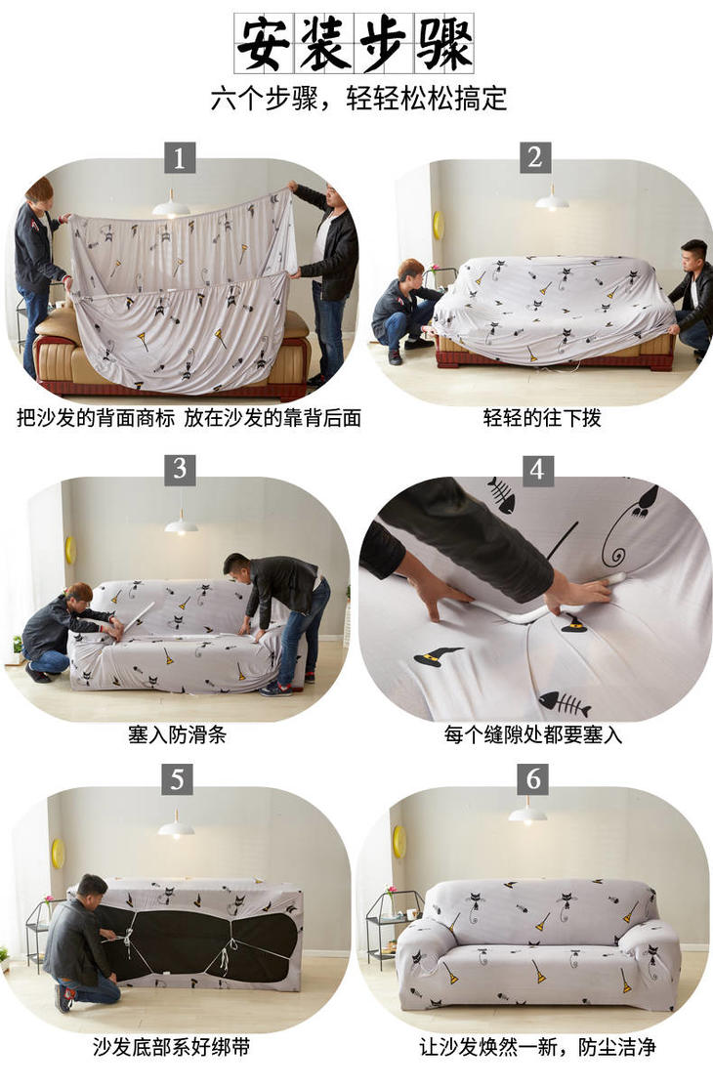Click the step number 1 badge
tap(180, 158)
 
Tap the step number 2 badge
tap(535, 157)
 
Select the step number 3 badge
tap(180, 470)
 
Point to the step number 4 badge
tap(537, 470)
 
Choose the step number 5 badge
tap(178, 779)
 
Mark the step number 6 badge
tap(533, 778)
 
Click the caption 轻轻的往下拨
tap(542, 418)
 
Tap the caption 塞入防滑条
tap(177, 734)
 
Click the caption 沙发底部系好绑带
tap(171, 1046)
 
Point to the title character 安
tap(263, 43)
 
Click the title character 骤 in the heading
tap(444, 43)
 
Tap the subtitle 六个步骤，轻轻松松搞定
tap(358, 99)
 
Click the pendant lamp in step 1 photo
tap(171, 206)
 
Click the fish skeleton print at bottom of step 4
tap(565, 702)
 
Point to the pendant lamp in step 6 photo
tap(527, 814)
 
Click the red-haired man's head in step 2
tap(410, 272)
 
